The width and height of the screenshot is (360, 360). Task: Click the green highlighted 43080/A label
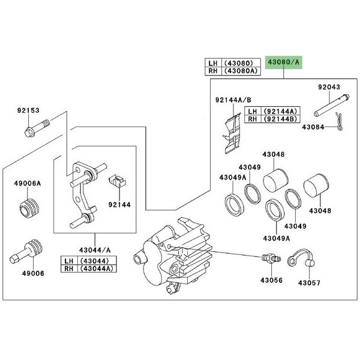coord(284,62)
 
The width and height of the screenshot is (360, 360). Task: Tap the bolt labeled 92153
coord(37,127)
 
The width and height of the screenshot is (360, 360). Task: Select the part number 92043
coord(329,87)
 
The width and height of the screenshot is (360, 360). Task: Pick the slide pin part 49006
coord(27,252)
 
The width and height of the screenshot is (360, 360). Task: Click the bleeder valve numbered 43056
coord(271,258)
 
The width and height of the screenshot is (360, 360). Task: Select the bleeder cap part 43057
coord(301,257)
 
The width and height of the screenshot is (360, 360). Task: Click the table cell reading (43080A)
coord(241,71)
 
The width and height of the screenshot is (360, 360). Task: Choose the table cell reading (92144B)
coord(280,119)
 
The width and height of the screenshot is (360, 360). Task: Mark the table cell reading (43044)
coord(97,260)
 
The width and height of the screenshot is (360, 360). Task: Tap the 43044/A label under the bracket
coord(95,250)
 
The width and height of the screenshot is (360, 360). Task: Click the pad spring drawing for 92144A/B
coord(232,133)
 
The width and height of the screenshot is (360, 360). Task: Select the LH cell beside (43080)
coord(213,62)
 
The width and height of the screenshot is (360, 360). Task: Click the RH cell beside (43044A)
coord(70,269)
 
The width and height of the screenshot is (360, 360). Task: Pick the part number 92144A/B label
coord(233,100)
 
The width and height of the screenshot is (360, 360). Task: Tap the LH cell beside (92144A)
coord(253,111)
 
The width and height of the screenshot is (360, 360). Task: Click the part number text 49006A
coord(28,183)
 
